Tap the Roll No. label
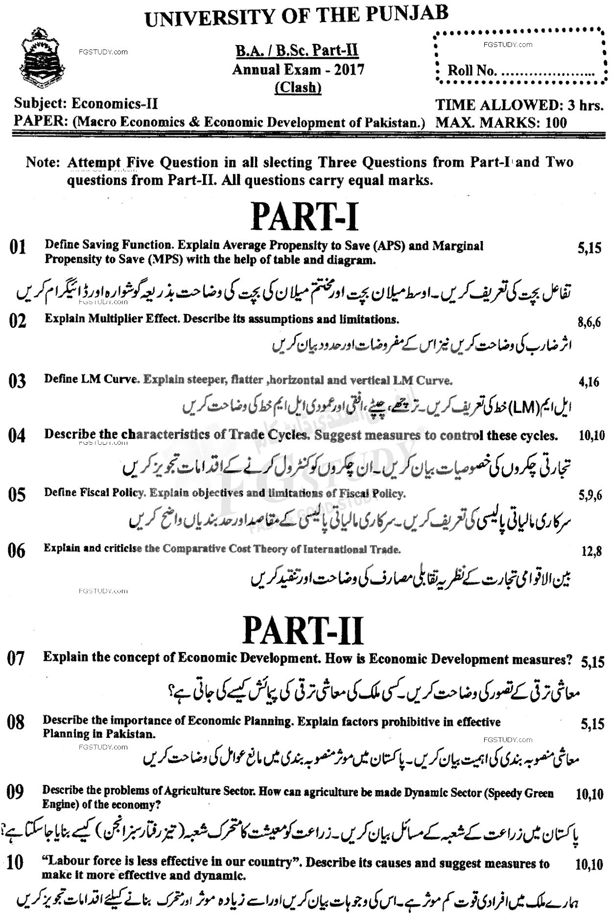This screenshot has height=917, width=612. [x=471, y=71]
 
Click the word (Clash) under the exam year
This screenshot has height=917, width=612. [x=298, y=87]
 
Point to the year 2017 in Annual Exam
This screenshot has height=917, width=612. [x=350, y=70]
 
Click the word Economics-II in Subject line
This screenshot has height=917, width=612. [x=115, y=104]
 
